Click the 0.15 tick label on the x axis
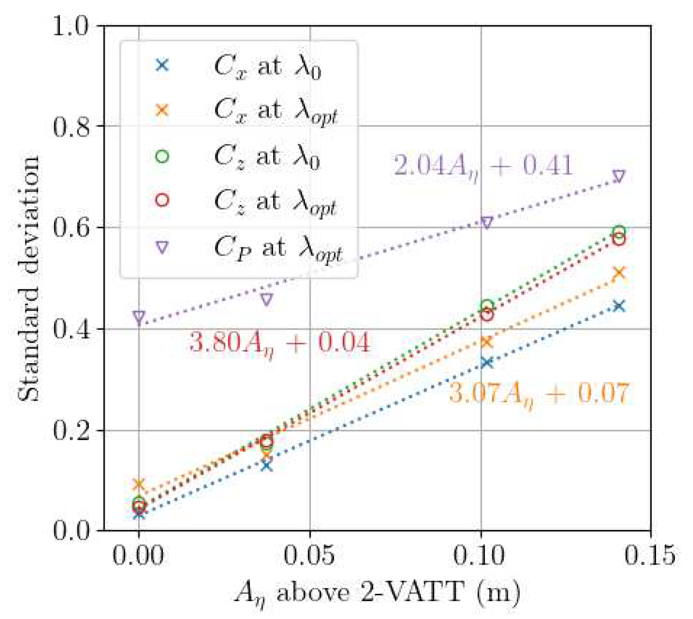coord(650,555)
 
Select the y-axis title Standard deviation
coord(28,278)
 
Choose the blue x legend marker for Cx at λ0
coord(162,65)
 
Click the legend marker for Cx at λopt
coord(162,110)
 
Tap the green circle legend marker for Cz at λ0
coord(162,156)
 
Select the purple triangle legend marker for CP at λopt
coord(162,247)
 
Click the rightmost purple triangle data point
coord(619,176)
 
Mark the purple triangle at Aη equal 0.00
coord(139,316)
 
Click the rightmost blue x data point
coord(619,306)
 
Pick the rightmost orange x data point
coord(619,273)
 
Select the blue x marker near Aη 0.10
coord(487,362)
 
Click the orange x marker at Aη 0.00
coord(139,484)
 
